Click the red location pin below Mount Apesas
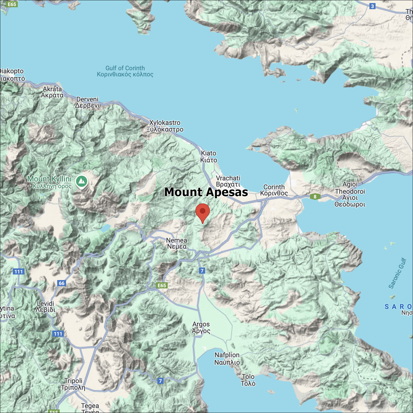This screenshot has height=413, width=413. [203, 212]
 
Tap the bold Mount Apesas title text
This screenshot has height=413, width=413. [206, 192]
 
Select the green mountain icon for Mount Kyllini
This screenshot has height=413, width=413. [81, 181]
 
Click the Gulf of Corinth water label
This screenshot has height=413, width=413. [125, 71]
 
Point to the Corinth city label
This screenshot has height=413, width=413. [274, 190]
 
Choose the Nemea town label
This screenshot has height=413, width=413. [176, 243]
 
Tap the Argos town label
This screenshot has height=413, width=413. [201, 327]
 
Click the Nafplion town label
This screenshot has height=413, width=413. [227, 358]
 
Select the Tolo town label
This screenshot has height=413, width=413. [248, 380]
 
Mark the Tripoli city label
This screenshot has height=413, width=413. [73, 384]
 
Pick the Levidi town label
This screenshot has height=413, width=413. [45, 306]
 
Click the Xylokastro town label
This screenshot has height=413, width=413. [165, 126]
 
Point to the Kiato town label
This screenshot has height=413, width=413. [208, 156]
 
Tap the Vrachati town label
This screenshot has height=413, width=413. [228, 181]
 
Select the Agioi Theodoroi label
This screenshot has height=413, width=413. [350, 194]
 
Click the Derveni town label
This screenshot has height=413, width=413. [87, 102]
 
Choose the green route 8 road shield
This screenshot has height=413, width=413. [315, 197]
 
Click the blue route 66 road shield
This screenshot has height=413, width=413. [62, 283]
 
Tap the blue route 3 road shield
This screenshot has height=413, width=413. [372, 6]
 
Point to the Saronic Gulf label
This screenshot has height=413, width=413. [397, 273]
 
